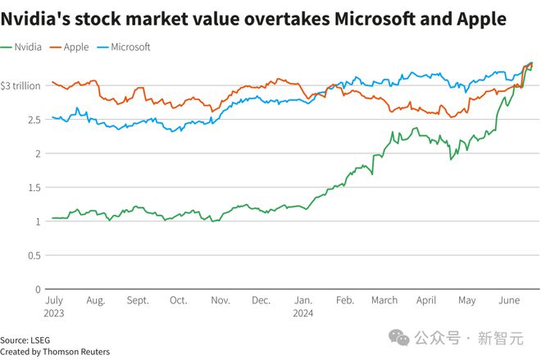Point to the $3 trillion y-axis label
[21, 85]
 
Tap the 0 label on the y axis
[38, 289]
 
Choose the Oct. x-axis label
[178, 301]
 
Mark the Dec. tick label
[261, 301]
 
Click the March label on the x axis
[384, 301]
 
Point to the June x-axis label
[509, 301]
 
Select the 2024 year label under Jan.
[303, 312]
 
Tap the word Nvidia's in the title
[38, 18]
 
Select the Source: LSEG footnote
[25, 339]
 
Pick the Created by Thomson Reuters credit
[55, 352]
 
